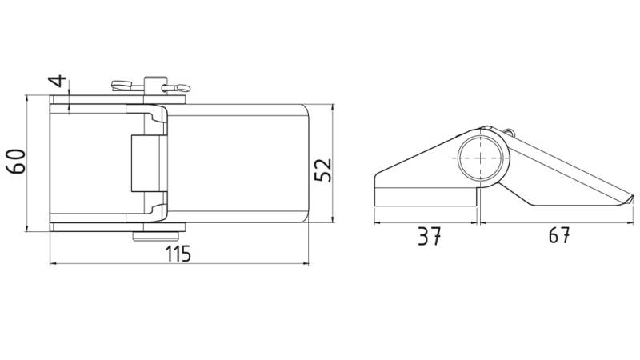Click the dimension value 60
(x=17, y=162)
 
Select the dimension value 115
(x=178, y=254)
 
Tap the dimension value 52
(x=323, y=170)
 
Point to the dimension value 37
(x=429, y=236)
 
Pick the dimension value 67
(x=558, y=235)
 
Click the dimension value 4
(x=58, y=82)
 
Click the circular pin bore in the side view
(x=480, y=158)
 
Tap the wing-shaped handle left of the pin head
(x=122, y=86)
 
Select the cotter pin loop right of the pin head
(x=178, y=88)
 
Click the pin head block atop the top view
(x=155, y=86)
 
